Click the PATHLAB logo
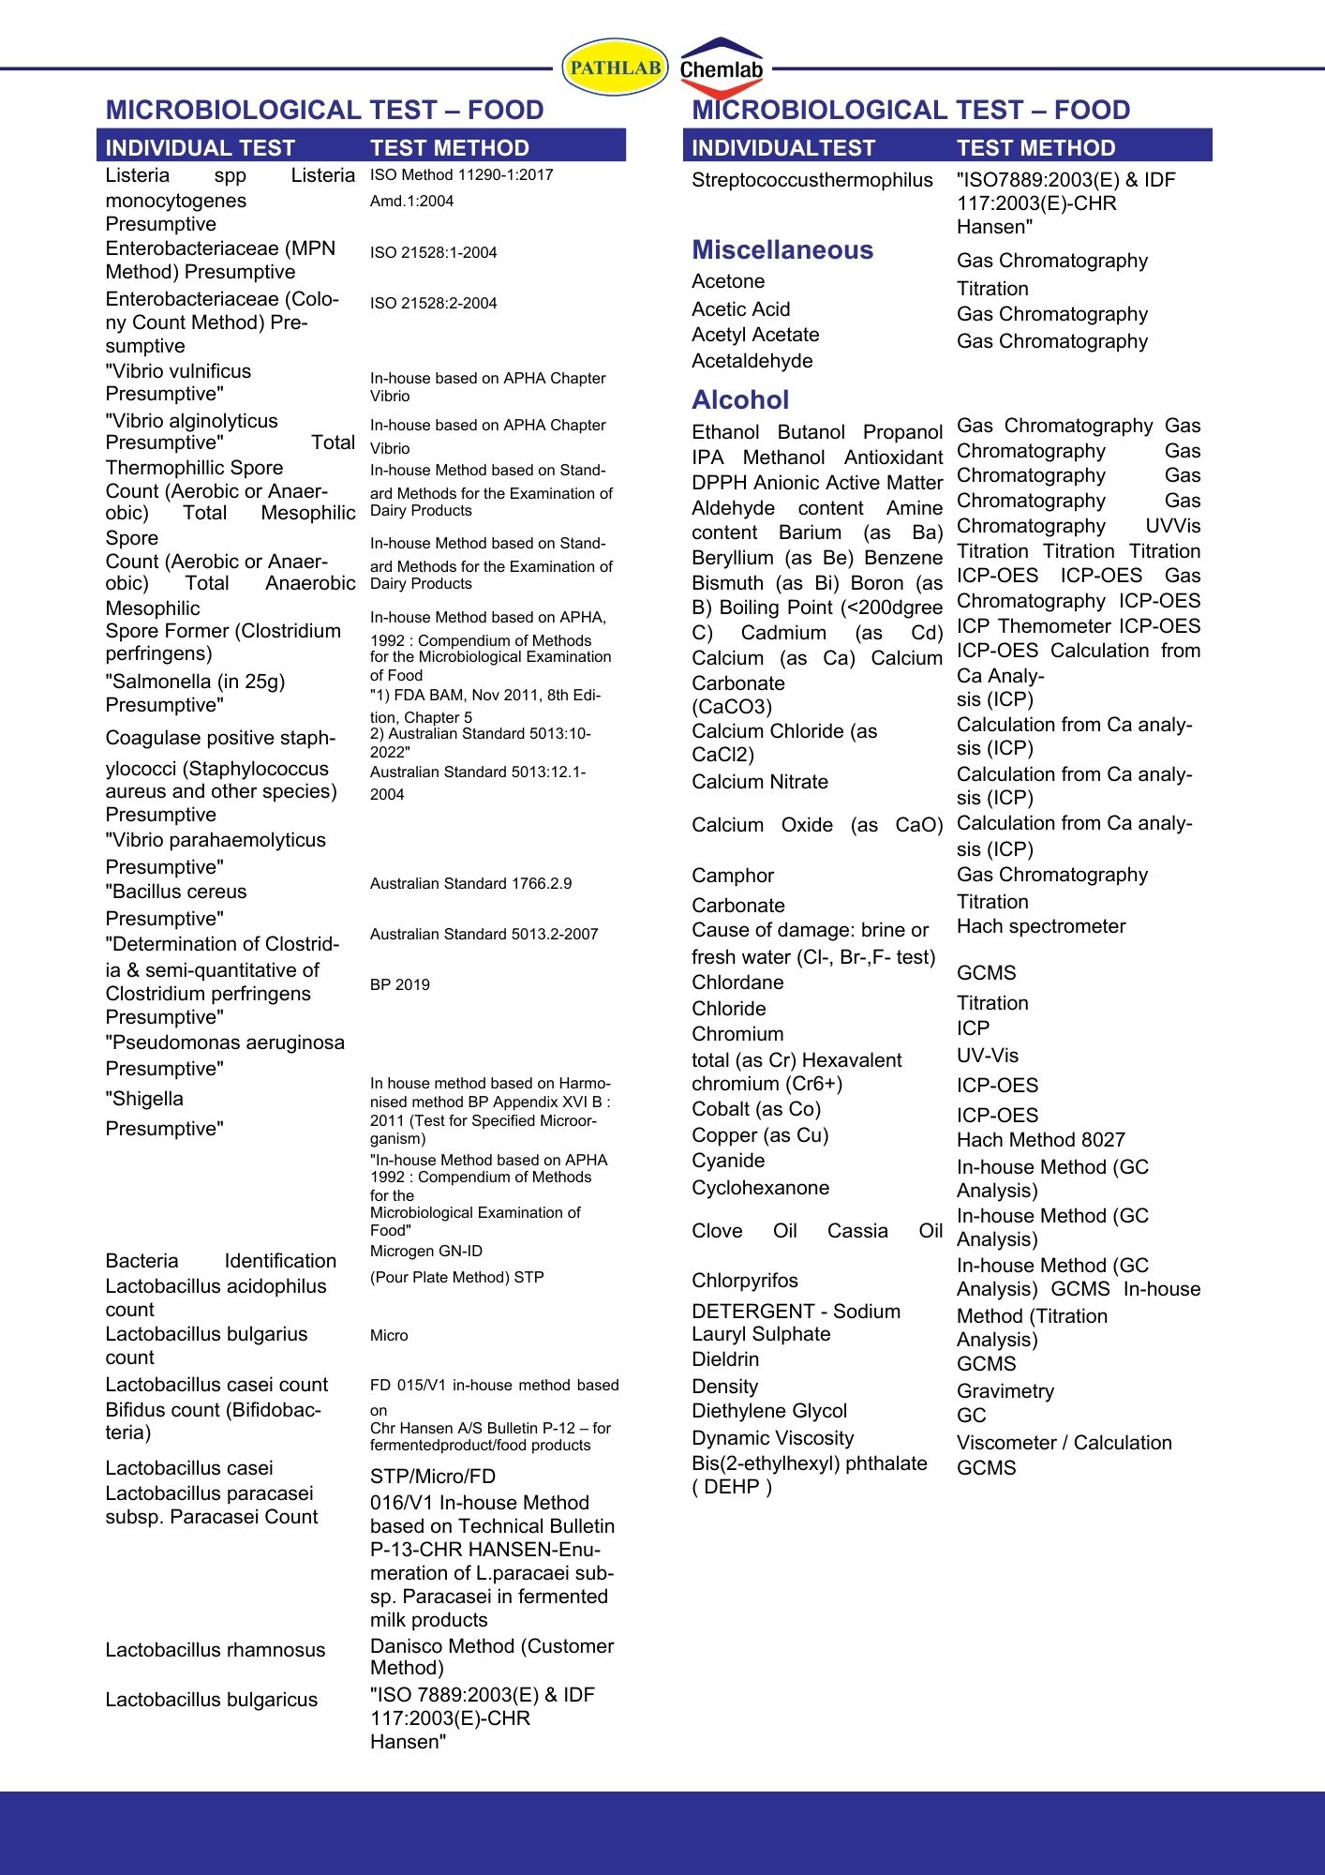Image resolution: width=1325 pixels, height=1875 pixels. coord(615,67)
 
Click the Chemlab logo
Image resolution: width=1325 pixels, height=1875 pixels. coord(721,67)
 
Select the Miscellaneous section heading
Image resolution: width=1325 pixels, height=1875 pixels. coord(782,250)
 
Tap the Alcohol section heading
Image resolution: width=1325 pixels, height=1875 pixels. coord(740,400)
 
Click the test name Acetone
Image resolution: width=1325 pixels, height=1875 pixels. coord(728,281)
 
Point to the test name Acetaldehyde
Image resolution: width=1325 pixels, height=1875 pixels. coord(752,361)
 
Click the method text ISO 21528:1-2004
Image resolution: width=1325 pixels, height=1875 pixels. coord(433,253)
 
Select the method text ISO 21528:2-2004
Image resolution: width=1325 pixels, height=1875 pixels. coord(433,304)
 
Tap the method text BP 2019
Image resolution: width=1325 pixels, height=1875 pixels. coord(399,985)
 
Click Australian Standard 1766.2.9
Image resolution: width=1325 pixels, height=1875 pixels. coord(470,884)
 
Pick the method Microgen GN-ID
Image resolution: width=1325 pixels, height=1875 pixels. coord(425,1252)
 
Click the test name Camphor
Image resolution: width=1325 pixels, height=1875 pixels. coord(733,876)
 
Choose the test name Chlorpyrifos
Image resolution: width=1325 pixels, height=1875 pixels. coord(745,1281)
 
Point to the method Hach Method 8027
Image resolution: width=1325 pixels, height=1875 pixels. coord(1040,1140)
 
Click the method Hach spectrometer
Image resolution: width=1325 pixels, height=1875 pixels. coord(1040,926)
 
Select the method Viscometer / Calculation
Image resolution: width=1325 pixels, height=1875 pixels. coord(1064,1443)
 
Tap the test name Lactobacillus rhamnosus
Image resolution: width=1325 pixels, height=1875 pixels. coord(215,1650)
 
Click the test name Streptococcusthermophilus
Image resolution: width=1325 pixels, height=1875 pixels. coord(811,180)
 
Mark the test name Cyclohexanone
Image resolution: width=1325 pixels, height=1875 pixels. coord(760,1188)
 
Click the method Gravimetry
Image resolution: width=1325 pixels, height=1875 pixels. coord(1005,1391)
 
